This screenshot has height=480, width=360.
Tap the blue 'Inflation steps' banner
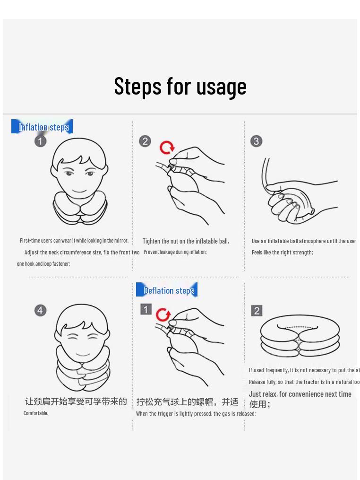[43, 127]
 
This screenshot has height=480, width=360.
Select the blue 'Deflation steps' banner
[168, 290]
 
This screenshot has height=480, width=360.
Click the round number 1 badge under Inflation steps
[41, 141]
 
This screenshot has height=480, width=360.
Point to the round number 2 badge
[145, 141]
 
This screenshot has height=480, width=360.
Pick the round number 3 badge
[256, 141]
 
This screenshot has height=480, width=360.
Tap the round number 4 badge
[41, 310]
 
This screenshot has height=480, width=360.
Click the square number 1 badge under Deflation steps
[146, 309]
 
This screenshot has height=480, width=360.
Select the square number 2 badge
[257, 311]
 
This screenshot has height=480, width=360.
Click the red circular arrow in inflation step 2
[167, 148]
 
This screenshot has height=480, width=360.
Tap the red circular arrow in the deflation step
[163, 314]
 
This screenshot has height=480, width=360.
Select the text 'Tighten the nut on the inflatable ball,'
[186, 241]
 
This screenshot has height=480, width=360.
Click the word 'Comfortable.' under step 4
[36, 413]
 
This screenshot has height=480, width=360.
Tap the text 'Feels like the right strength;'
[282, 253]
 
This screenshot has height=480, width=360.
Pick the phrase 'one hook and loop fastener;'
[43, 264]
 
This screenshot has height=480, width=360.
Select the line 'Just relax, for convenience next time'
[300, 394]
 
